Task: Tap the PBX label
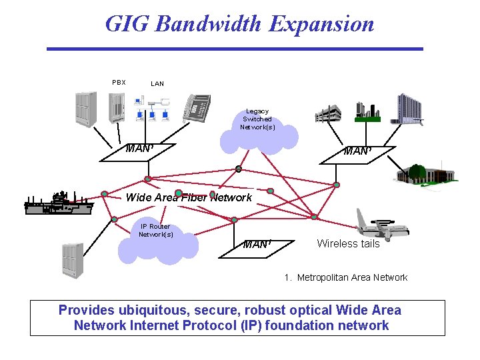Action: tap(119, 83)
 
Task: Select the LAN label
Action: tap(157, 84)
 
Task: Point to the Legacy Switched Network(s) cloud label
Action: tap(257, 119)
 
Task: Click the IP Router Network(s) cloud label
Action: tap(155, 231)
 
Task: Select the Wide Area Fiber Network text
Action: tap(189, 197)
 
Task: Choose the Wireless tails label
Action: tap(348, 244)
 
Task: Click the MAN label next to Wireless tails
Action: tap(257, 245)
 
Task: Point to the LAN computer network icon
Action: tap(152, 109)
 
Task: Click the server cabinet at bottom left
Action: tap(71, 260)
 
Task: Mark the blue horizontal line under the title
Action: tap(235, 49)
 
